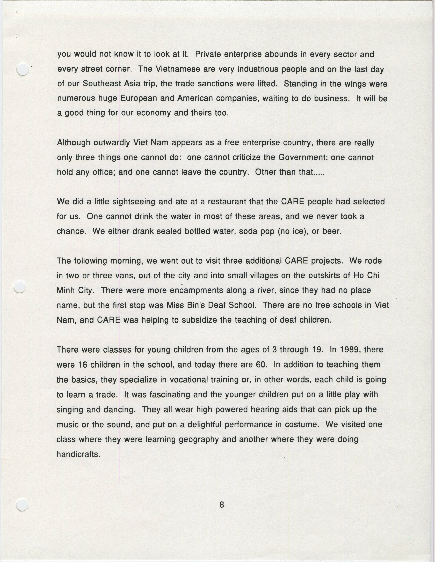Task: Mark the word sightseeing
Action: point(134,202)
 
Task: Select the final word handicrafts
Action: point(78,454)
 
